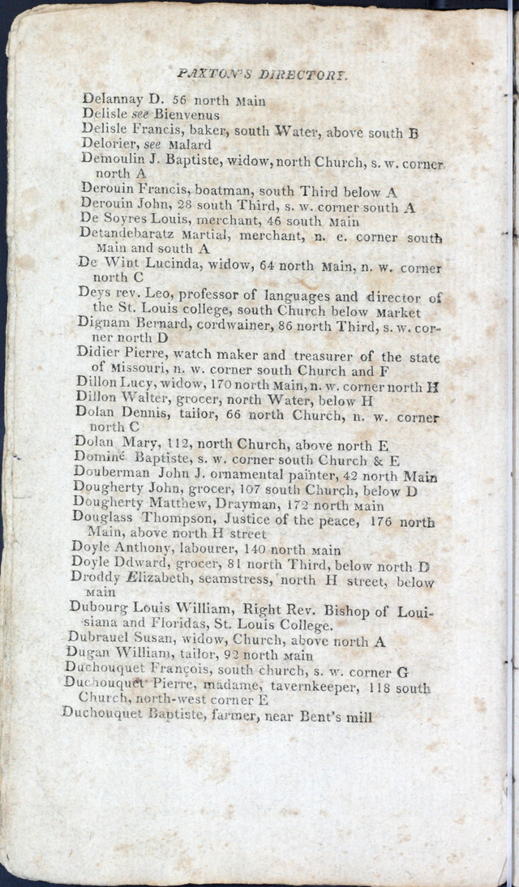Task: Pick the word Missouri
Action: (x=139, y=371)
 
